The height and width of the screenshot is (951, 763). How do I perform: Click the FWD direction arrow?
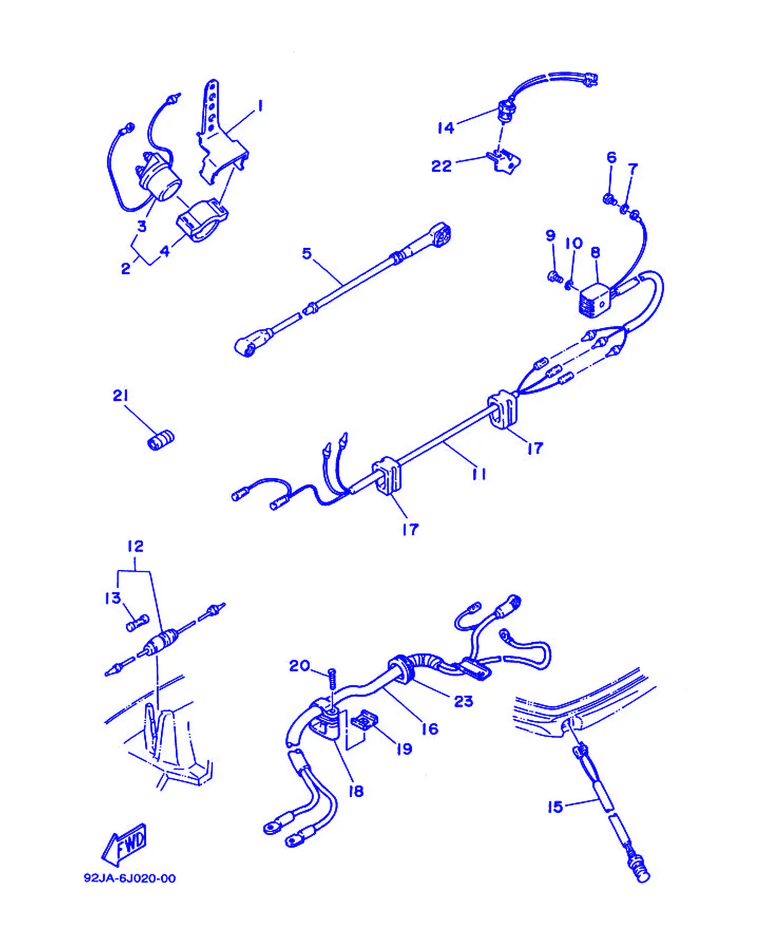click(x=124, y=845)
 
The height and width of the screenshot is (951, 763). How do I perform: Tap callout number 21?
click(x=121, y=396)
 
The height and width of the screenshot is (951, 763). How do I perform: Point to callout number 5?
click(x=307, y=254)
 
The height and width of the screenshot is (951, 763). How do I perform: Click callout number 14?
click(x=446, y=128)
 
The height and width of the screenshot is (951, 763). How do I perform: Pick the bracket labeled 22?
click(x=505, y=162)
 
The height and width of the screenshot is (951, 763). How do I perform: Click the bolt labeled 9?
click(x=554, y=276)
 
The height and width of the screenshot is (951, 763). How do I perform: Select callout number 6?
click(x=612, y=158)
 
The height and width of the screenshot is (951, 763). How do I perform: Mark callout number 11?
click(x=479, y=474)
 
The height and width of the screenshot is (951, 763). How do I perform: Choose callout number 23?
click(x=463, y=701)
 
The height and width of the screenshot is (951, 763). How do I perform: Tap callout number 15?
click(x=555, y=807)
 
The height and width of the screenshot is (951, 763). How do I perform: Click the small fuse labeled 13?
click(x=137, y=623)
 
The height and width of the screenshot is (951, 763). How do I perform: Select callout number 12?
click(x=135, y=546)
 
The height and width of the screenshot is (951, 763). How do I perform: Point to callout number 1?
click(x=260, y=106)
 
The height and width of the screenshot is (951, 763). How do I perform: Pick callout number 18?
click(x=356, y=791)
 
